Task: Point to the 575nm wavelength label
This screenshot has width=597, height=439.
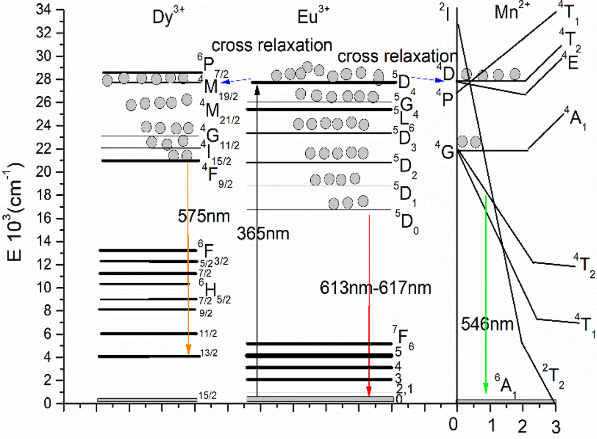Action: pyautogui.click(x=204, y=216)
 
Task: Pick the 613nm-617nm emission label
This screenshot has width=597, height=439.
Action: pyautogui.click(x=375, y=288)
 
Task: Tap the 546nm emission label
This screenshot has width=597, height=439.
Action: pyautogui.click(x=487, y=324)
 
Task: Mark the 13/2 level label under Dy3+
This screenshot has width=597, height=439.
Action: pyautogui.click(x=209, y=353)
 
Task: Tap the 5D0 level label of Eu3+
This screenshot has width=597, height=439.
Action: pyautogui.click(x=406, y=223)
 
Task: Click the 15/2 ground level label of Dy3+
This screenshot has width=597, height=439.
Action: pyautogui.click(x=208, y=396)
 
